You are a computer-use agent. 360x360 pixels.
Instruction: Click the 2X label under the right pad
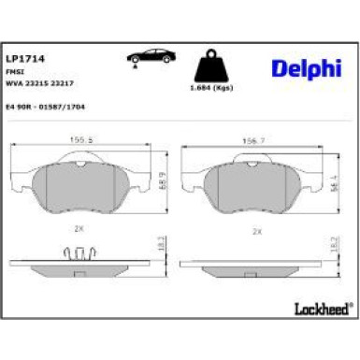pos(254,229)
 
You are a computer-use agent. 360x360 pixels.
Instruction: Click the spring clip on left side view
pos(82,253)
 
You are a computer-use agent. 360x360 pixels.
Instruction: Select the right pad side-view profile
pos(254,264)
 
